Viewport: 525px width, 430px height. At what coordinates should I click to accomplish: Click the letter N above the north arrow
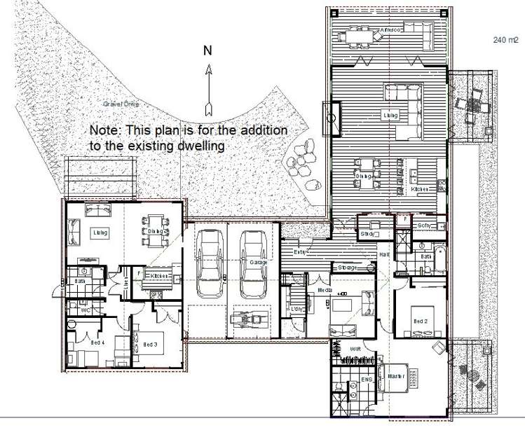coord(207,50)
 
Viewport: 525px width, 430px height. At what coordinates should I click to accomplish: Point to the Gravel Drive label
coord(121,104)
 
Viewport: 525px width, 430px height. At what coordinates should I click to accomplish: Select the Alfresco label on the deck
coord(390,30)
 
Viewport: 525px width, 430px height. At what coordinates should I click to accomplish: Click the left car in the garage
coord(209,263)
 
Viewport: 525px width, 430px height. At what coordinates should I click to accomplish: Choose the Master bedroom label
coord(397,377)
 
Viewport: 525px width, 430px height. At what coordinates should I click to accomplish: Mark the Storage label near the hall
coord(347,268)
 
